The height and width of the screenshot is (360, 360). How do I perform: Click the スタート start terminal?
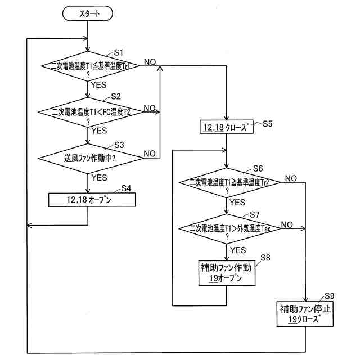click(88, 13)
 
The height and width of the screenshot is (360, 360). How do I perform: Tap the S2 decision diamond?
click(88, 111)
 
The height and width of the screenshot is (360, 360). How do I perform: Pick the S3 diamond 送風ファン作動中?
click(88, 157)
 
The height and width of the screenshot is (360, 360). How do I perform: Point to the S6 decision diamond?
click(227, 183)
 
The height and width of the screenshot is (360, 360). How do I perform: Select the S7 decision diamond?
click(227, 229)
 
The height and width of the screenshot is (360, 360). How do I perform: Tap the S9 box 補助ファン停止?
click(305, 314)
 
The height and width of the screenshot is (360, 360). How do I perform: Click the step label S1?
click(119, 52)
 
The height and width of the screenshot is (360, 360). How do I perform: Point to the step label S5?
click(268, 123)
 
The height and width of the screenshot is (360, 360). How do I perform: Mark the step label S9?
click(330, 296)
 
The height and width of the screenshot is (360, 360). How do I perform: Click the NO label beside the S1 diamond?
click(150, 61)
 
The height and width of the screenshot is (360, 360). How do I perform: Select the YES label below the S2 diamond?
click(99, 130)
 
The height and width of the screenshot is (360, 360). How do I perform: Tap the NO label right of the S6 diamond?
click(291, 178)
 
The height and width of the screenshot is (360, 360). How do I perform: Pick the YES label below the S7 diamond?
click(238, 249)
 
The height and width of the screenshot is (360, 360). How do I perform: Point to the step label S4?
click(127, 188)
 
